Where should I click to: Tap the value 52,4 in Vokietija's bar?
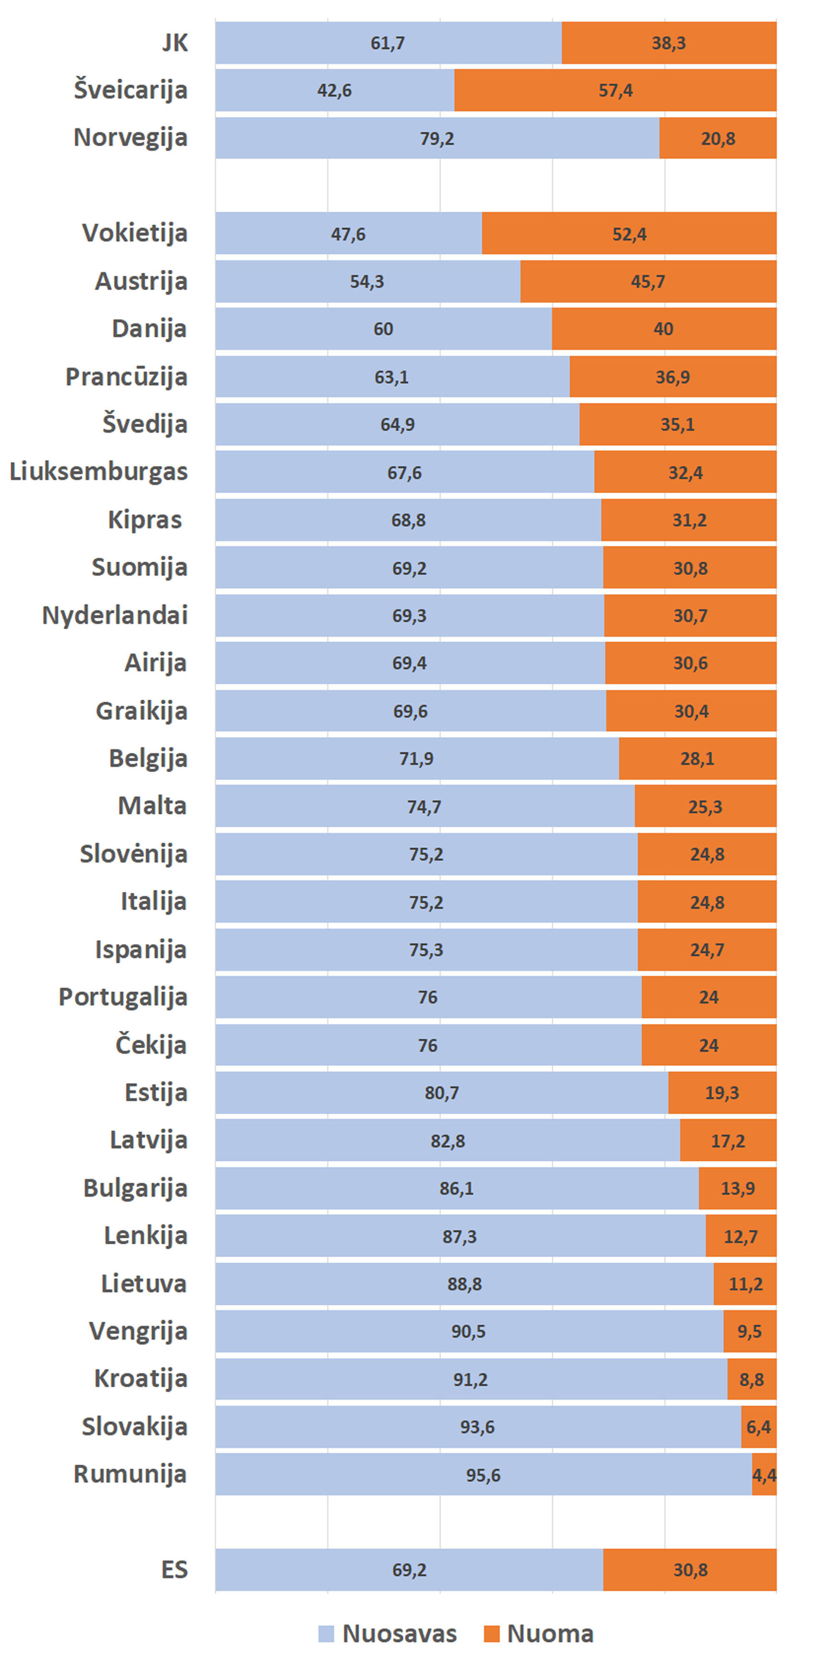(629, 234)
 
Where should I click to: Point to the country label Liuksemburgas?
(99, 472)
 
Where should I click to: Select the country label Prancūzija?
(126, 377)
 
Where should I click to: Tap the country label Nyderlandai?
(115, 615)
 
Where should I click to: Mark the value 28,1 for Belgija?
(697, 759)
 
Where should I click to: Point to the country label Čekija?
(151, 1045)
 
